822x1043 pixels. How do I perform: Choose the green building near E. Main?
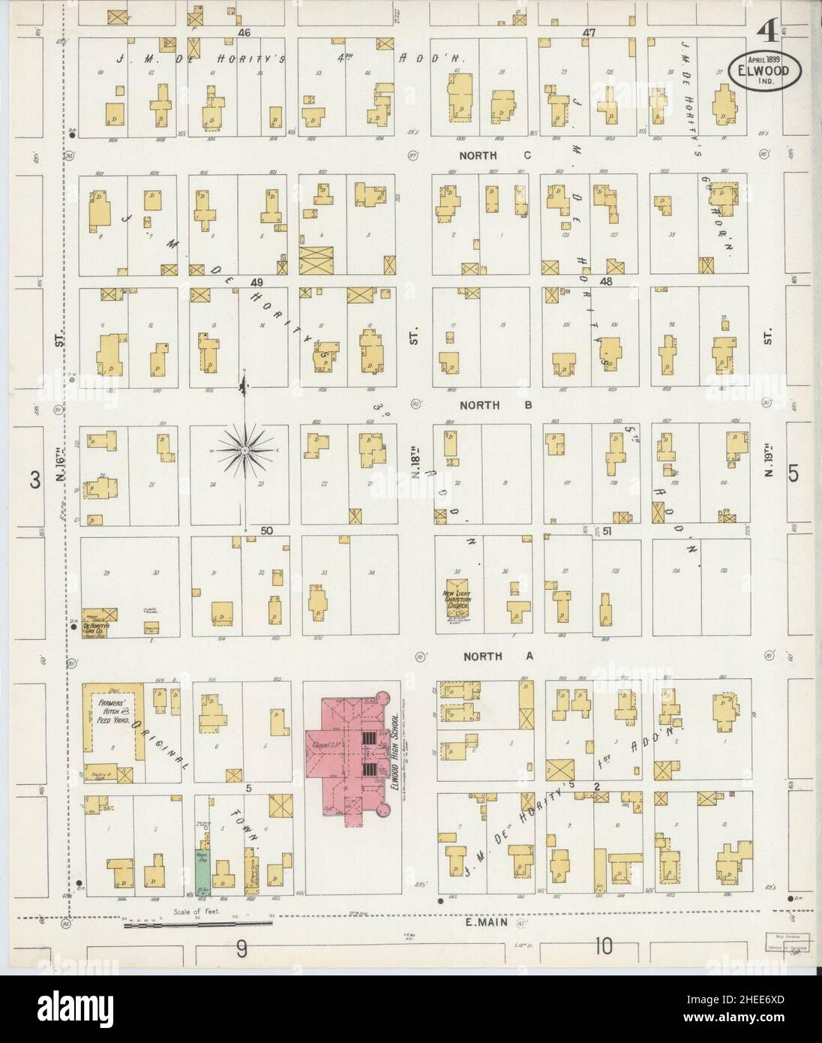point(202,869)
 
